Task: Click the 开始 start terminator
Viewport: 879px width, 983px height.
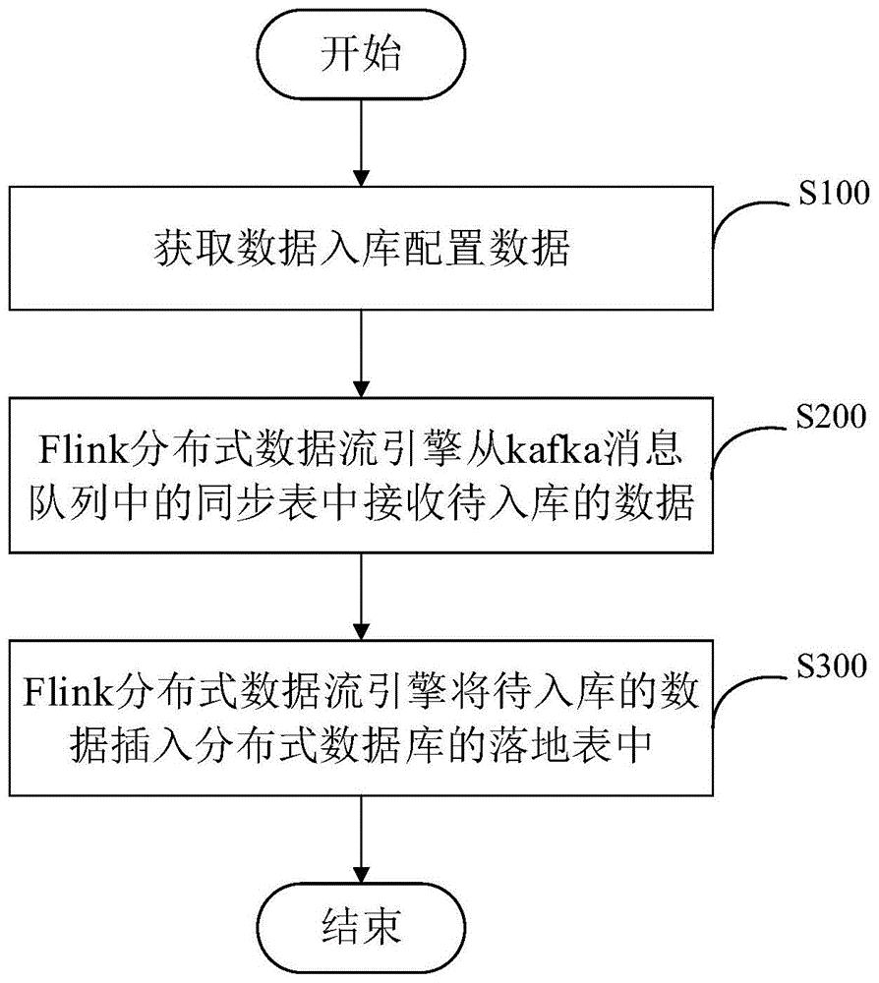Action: [x=362, y=56]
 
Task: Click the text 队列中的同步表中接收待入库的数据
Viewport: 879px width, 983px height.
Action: [x=362, y=506]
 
